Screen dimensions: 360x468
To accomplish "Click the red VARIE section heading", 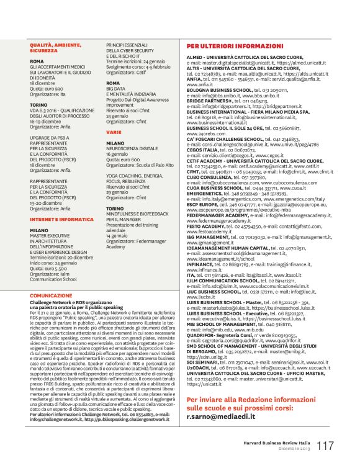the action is pos(114,132).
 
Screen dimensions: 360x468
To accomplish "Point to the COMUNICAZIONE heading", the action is pos(51,296).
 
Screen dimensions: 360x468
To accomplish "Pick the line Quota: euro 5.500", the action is pos(48,268).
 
